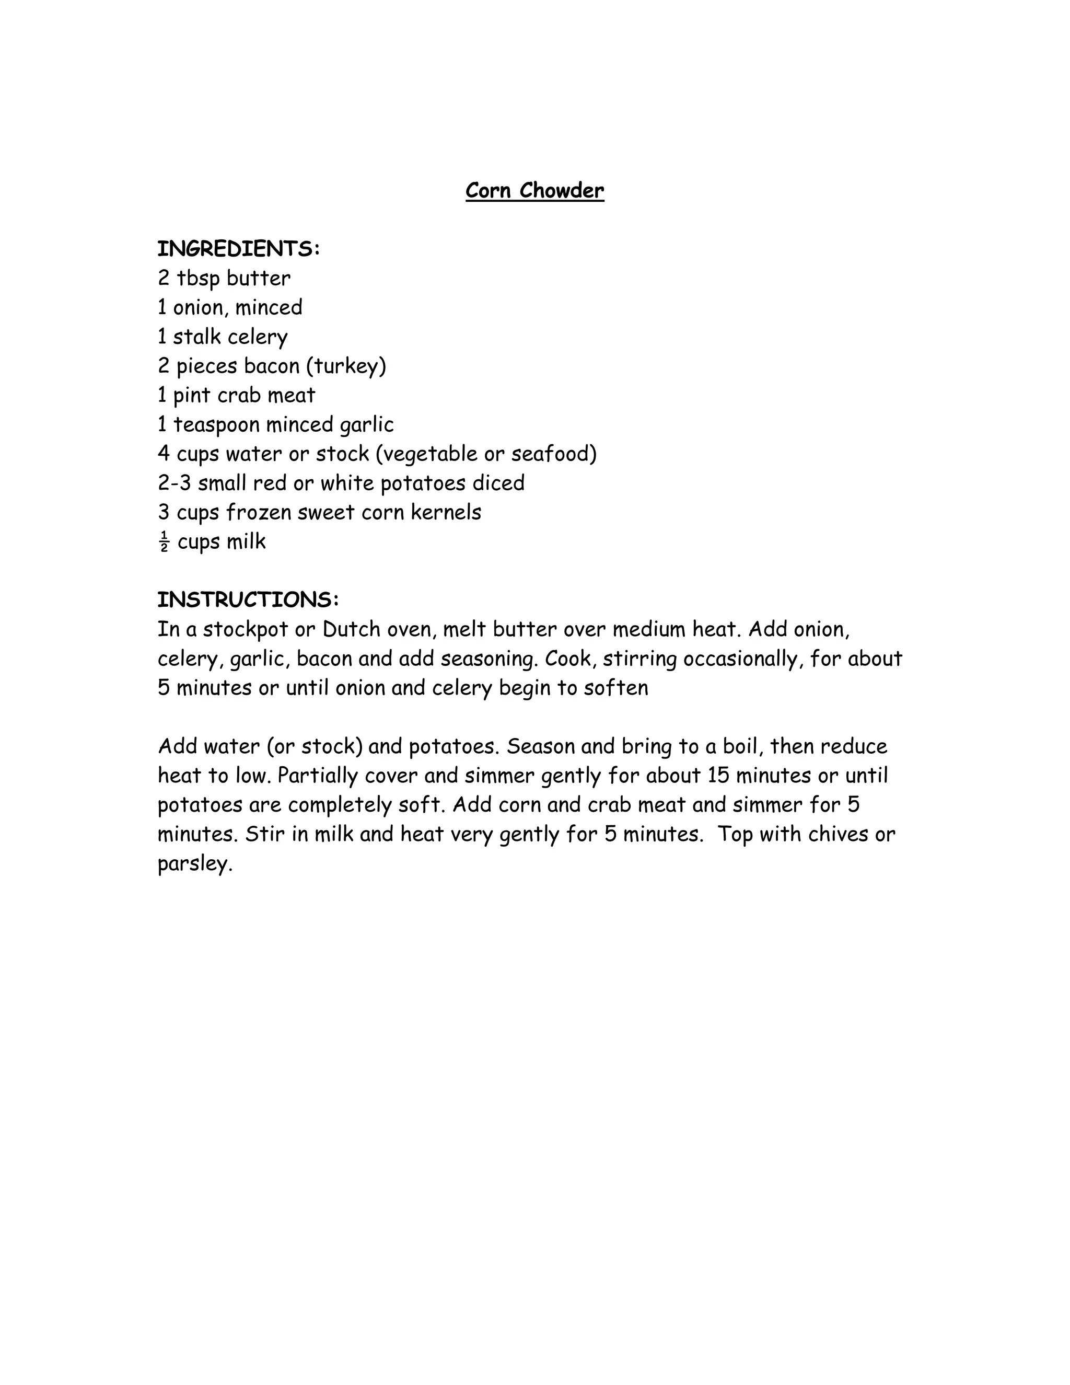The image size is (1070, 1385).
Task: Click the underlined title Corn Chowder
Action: [x=534, y=191]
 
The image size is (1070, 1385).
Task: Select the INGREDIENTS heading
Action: [x=238, y=249]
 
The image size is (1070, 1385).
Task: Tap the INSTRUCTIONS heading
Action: [x=248, y=600]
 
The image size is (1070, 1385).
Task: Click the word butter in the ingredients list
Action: [x=259, y=279]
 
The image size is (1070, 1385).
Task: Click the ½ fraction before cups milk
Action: [x=164, y=542]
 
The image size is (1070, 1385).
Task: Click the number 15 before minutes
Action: [x=719, y=776]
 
